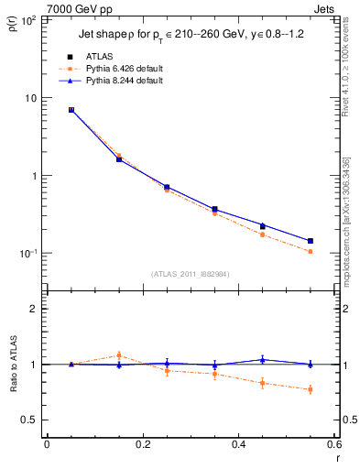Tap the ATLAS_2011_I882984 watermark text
click(189, 273)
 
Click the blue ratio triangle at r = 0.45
click(262, 360)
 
